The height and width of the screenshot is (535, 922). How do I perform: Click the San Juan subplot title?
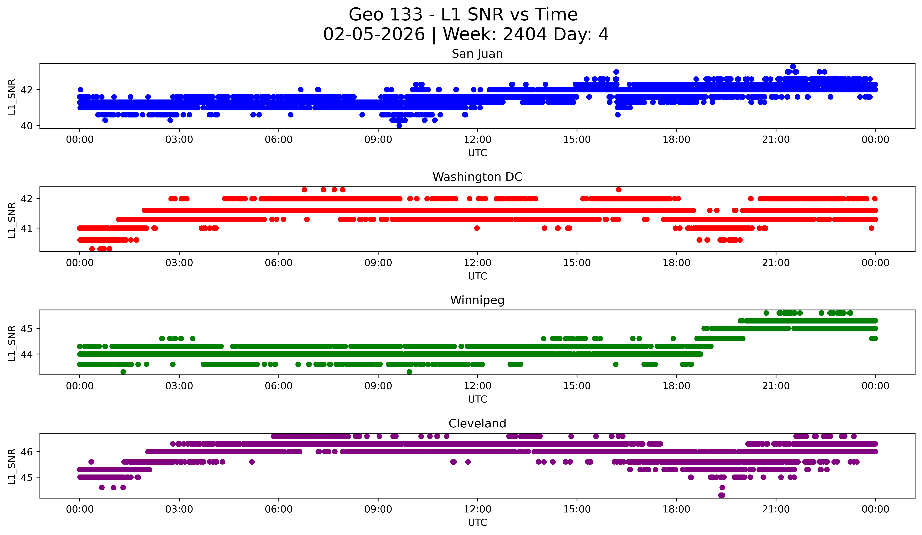point(477,54)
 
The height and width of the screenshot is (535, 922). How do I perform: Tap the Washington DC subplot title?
point(477,177)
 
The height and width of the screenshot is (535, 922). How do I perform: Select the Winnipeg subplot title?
point(477,300)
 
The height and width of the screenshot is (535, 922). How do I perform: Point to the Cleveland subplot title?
point(477,424)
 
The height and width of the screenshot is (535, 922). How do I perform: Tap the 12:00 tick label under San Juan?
point(477,140)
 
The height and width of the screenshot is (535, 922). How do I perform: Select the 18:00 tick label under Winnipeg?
point(676,386)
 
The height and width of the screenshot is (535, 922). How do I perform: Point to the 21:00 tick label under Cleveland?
point(776,509)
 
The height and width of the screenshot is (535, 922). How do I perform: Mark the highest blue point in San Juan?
point(793,67)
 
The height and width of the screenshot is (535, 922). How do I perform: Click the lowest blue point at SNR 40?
point(399,125)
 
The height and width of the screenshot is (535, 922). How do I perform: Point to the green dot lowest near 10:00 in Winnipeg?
point(409,372)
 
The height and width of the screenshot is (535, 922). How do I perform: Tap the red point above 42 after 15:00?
point(618,189)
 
